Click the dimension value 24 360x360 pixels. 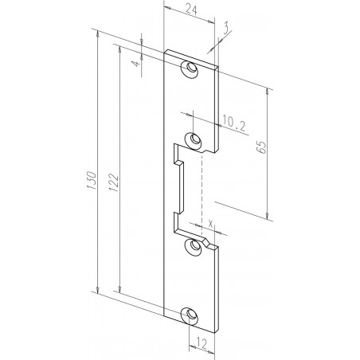tap(191, 10)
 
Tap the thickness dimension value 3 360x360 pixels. tap(226, 29)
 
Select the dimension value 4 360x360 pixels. tap(135, 64)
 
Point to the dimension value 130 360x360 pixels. tap(92, 181)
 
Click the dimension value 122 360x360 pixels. tap(113, 182)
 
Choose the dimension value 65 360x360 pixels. tap(261, 147)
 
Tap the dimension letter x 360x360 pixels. tap(210, 223)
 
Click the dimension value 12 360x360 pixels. tap(202, 344)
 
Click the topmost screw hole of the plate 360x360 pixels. tap(190, 69)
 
